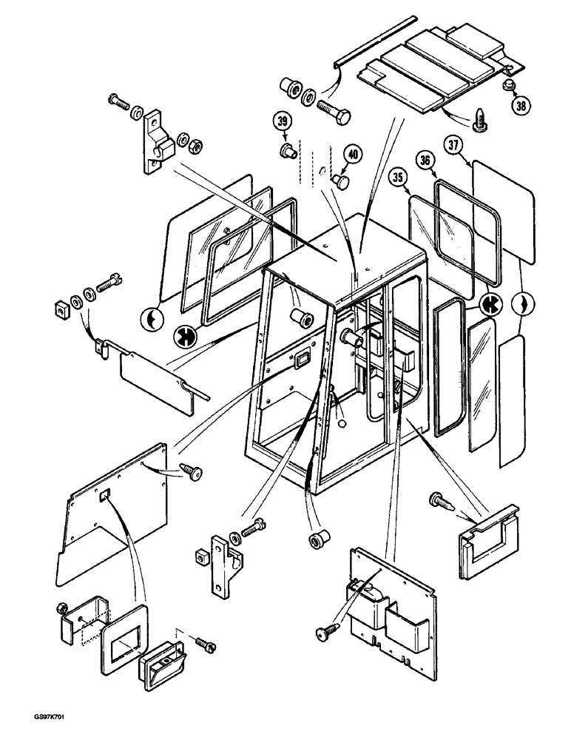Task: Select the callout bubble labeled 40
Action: (353, 155)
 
